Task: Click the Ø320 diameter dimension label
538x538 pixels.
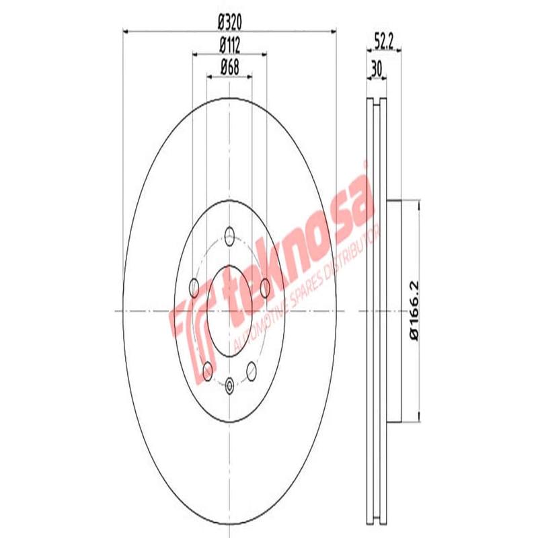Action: pyautogui.click(x=229, y=21)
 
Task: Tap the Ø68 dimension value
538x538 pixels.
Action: pyautogui.click(x=229, y=67)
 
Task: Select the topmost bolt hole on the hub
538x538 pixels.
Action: pyautogui.click(x=229, y=237)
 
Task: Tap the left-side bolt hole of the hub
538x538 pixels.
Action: pyautogui.click(x=195, y=289)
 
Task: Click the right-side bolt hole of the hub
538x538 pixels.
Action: pyautogui.click(x=264, y=288)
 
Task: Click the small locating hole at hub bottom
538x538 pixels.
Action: pyautogui.click(x=229, y=385)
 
